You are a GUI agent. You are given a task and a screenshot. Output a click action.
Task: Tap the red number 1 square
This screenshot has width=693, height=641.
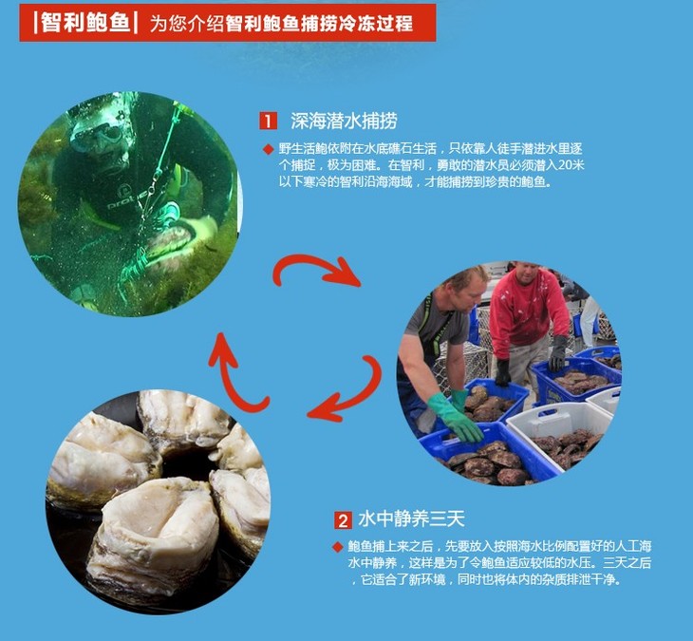click(269, 121)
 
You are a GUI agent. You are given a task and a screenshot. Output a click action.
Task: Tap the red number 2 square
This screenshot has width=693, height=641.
click(343, 520)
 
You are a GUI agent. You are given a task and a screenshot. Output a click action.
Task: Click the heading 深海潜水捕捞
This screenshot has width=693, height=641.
click(344, 121)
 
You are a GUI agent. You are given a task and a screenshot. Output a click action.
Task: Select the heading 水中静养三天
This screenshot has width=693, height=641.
click(411, 519)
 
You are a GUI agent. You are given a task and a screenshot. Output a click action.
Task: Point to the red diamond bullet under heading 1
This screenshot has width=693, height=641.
click(268, 149)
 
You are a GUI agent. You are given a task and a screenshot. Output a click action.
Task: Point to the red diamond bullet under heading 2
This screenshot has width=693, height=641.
click(338, 547)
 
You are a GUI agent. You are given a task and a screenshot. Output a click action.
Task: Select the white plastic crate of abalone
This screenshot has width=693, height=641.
click(559, 433)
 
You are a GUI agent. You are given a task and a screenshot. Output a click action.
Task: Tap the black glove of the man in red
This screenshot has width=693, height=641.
click(558, 352)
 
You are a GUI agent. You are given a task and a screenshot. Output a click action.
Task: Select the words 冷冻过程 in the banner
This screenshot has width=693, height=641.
click(376, 23)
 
